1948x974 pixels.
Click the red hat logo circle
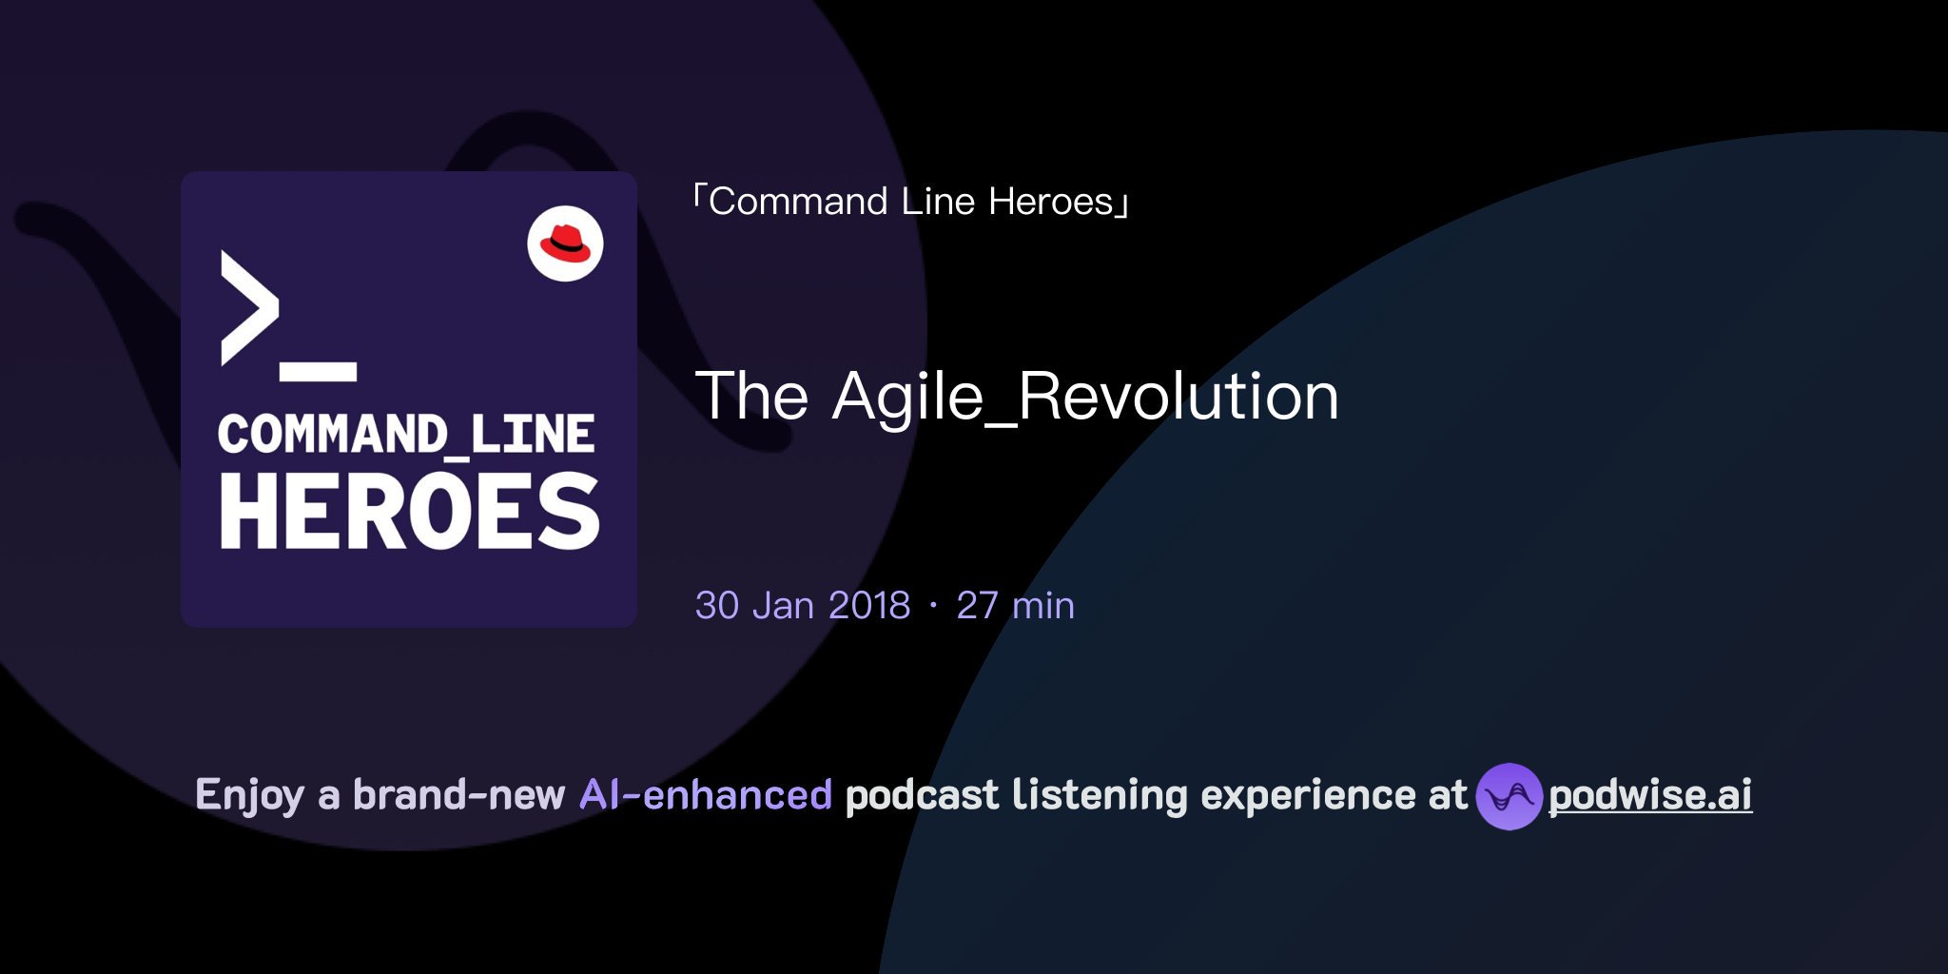click(x=565, y=243)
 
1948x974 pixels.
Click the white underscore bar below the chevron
click(x=318, y=372)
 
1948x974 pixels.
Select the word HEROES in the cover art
click(x=409, y=512)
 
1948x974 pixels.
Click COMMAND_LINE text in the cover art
click(x=406, y=435)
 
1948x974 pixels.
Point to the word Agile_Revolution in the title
click(x=1085, y=396)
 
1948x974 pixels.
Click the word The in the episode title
click(x=751, y=396)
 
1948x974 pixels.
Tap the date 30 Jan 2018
click(x=803, y=606)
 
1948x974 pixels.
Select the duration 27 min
click(x=1015, y=606)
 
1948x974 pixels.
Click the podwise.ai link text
click(x=1650, y=795)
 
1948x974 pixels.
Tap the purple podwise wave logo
click(x=1509, y=796)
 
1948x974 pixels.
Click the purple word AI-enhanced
click(x=706, y=795)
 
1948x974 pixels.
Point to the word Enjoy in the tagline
click(x=249, y=795)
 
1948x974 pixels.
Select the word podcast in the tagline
click(x=922, y=795)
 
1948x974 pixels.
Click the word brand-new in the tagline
click(x=458, y=795)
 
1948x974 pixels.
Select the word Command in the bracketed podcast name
click(x=798, y=202)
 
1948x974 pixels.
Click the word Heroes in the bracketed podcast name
click(x=1050, y=202)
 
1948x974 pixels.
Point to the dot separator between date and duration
click(x=933, y=606)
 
